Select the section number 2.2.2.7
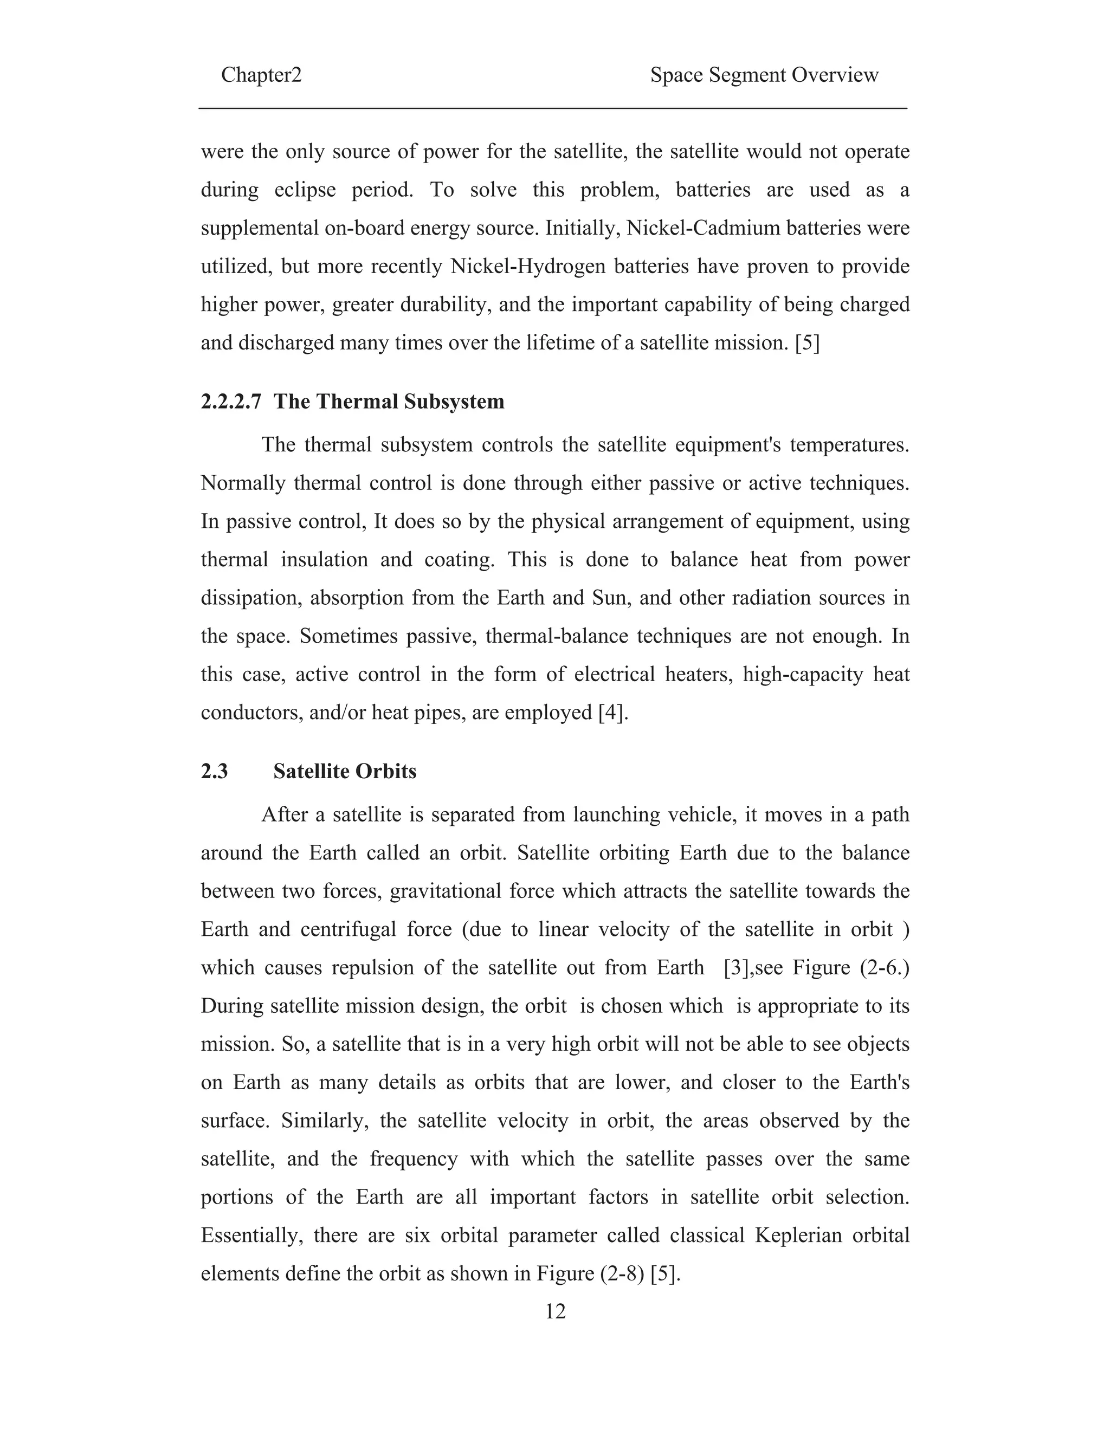click(x=231, y=402)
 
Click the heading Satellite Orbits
click(x=345, y=771)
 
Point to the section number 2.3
click(x=215, y=771)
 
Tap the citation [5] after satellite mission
click(x=807, y=343)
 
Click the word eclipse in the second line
click(x=305, y=190)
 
